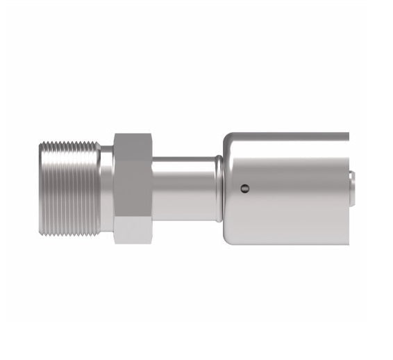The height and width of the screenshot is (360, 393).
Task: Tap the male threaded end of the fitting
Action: tap(69, 188)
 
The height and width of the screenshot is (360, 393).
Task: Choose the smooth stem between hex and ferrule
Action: tap(184, 188)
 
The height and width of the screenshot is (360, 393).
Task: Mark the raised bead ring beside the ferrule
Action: tap(219, 188)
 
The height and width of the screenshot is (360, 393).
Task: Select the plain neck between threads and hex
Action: tap(106, 188)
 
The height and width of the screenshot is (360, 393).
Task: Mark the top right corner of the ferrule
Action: tap(347, 133)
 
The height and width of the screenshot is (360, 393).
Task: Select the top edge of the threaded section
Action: tap(69, 142)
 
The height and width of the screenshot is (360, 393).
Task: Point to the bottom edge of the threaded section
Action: tap(69, 234)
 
